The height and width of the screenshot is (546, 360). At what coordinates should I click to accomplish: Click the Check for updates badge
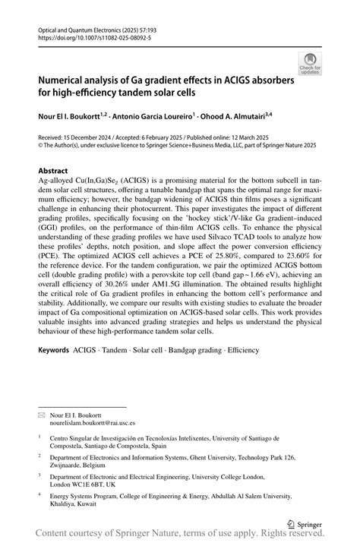click(x=310, y=64)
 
